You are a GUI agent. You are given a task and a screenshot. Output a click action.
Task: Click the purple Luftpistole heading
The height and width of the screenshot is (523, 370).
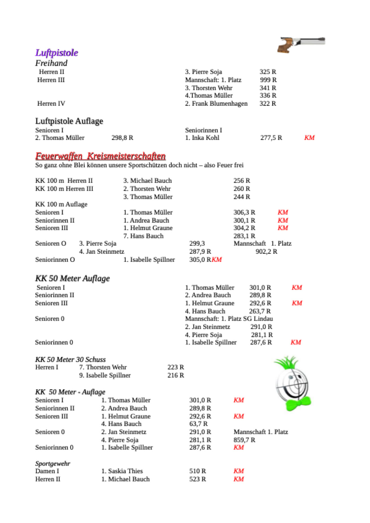pos(56,53)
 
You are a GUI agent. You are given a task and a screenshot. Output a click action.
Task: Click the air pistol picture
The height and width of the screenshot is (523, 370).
pos(301,44)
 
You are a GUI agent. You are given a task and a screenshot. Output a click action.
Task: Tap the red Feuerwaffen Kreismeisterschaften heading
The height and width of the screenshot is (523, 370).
pos(100,156)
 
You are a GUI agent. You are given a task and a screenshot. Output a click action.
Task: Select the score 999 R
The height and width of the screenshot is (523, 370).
pos(268,80)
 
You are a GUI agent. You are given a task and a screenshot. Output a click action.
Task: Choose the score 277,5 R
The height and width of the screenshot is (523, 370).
pos(271,138)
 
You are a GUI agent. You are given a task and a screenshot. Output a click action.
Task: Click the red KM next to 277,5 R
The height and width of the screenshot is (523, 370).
pos(309,138)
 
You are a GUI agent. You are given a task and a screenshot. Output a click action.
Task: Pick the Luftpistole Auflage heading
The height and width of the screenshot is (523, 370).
pos(69,121)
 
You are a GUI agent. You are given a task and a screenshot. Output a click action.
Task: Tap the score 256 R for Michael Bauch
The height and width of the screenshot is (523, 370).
pos(241,181)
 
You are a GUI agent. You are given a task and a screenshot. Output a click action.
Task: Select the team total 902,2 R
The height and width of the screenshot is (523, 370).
pos(266,252)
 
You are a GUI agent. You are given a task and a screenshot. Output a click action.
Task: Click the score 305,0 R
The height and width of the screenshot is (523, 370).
pos(200,260)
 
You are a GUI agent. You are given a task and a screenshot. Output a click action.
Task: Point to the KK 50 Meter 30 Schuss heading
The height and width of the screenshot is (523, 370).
pos(70,359)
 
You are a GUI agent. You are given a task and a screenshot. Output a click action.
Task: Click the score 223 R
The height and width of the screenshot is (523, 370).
pos(175,367)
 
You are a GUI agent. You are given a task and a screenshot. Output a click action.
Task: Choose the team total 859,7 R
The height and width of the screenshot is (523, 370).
pos(244,440)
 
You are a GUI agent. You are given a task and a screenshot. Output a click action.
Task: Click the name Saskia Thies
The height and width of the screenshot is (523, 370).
pos(125,471)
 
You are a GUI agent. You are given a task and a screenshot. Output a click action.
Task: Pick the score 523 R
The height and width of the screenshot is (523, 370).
pos(197,479)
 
